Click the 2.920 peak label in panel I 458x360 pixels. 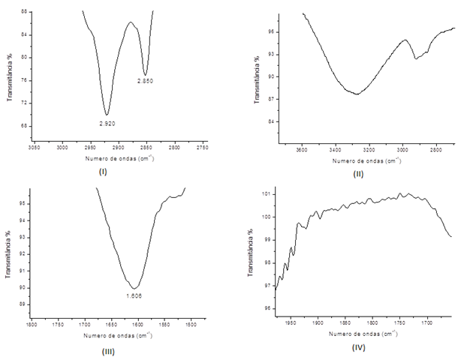click(x=107, y=122)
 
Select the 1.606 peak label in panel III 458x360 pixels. click(x=134, y=295)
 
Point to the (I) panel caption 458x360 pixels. click(x=103, y=172)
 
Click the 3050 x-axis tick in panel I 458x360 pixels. click(x=34, y=149)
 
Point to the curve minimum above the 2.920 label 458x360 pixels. click(x=107, y=114)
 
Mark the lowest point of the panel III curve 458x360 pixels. click(x=134, y=288)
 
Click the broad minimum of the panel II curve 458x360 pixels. click(x=356, y=94)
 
